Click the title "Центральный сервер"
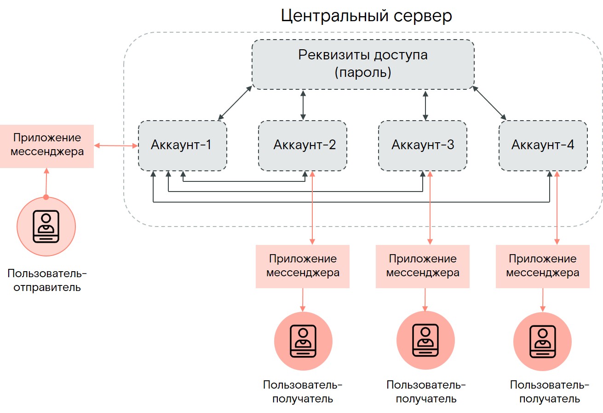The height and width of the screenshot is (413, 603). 366,17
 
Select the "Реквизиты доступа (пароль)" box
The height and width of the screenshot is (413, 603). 363,64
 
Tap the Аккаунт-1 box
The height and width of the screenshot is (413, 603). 182,145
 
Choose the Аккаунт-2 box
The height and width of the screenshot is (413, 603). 303,145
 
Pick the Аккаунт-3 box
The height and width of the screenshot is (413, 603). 423,145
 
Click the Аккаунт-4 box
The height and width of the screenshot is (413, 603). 543,145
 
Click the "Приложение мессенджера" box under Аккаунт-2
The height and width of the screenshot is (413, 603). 303,266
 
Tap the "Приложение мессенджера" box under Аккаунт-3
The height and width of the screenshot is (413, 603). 423,266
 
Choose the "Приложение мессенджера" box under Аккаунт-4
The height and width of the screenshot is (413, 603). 543,266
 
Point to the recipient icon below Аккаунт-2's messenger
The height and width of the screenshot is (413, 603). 303,341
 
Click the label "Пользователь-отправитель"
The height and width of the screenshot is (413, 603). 47,280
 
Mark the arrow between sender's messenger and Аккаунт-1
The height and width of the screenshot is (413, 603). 116,146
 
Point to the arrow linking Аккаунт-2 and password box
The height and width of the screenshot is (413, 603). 303,105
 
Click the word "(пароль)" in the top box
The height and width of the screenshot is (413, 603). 363,73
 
